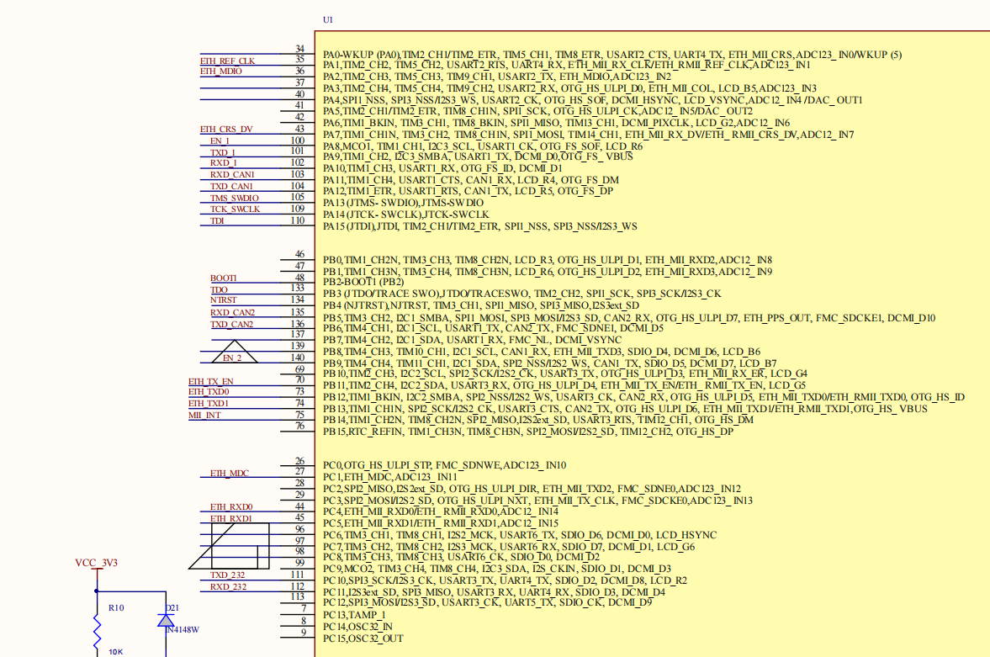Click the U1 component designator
328,19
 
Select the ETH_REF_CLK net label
227,61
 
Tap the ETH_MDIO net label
220,72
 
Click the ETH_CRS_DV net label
225,130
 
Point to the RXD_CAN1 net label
231,175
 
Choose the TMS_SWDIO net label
235,198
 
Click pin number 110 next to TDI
297,220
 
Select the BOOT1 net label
223,278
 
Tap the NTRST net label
223,300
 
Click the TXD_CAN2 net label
231,324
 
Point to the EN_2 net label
232,358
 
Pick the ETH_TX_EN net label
211,381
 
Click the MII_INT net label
204,416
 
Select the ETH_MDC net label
229,474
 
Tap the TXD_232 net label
228,575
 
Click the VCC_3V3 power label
97,563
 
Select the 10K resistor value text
115,652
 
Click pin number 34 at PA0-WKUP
299,50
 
